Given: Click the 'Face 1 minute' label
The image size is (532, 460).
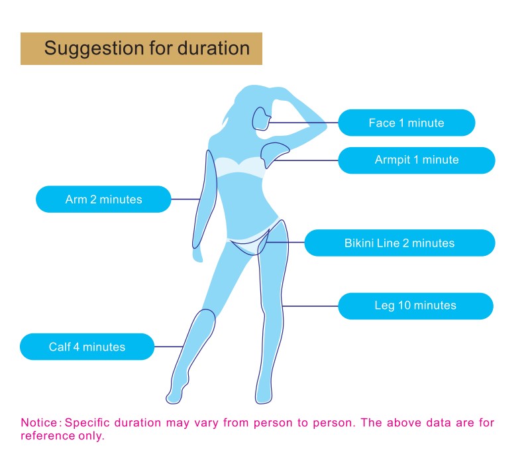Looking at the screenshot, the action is [x=407, y=123].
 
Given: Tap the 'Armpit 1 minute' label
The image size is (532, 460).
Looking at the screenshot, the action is [x=417, y=160].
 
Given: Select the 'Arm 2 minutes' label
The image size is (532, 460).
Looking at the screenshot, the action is [x=103, y=200].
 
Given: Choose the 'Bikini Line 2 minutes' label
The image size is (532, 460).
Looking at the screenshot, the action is [x=399, y=243].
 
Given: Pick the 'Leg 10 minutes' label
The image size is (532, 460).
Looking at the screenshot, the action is [x=415, y=306].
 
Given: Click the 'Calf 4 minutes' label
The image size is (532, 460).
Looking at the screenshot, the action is [x=87, y=347].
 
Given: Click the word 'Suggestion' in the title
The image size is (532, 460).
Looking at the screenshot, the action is [x=94, y=48].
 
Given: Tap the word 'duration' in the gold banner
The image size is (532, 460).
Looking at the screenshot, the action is [x=214, y=48].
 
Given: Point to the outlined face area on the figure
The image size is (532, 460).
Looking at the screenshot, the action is [x=261, y=119].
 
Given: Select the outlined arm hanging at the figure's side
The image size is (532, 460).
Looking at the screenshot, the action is [x=205, y=200].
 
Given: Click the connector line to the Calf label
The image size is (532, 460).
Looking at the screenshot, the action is [x=169, y=347].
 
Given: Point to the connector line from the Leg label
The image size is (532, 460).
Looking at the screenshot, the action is [x=310, y=306].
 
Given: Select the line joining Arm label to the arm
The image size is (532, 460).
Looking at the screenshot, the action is [x=186, y=200].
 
